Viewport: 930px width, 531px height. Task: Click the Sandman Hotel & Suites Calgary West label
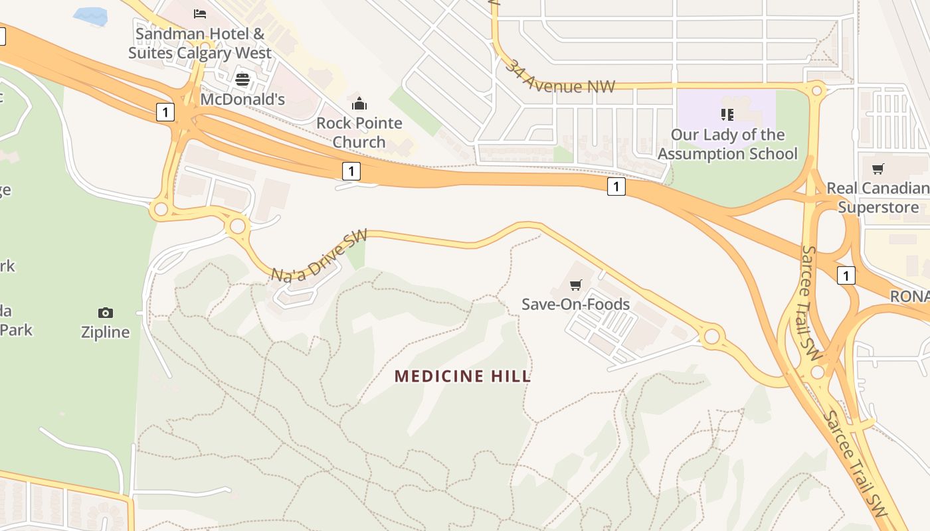point(199,43)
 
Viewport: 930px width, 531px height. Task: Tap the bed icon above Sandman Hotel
point(199,13)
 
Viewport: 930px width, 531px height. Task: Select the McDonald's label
point(242,100)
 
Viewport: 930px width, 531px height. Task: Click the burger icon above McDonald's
point(242,80)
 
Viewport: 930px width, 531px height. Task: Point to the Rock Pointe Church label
point(359,132)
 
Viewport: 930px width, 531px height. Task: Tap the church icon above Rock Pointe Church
point(359,104)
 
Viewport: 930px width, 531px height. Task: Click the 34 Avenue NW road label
point(559,77)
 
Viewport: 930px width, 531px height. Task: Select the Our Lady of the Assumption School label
point(727,144)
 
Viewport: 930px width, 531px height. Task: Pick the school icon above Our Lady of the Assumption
point(727,115)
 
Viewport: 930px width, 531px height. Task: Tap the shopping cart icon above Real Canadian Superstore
point(878,169)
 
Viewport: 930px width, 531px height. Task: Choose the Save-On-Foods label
point(575,304)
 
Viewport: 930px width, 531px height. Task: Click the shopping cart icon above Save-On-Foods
point(575,285)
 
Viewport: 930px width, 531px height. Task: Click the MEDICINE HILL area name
point(462,376)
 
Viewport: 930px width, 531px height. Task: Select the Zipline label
point(105,332)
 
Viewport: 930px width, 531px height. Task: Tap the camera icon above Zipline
point(105,313)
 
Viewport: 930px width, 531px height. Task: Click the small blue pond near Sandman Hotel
point(90,16)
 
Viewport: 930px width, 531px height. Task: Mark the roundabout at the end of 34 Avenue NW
point(817,90)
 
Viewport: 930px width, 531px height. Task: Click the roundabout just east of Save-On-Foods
point(711,336)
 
